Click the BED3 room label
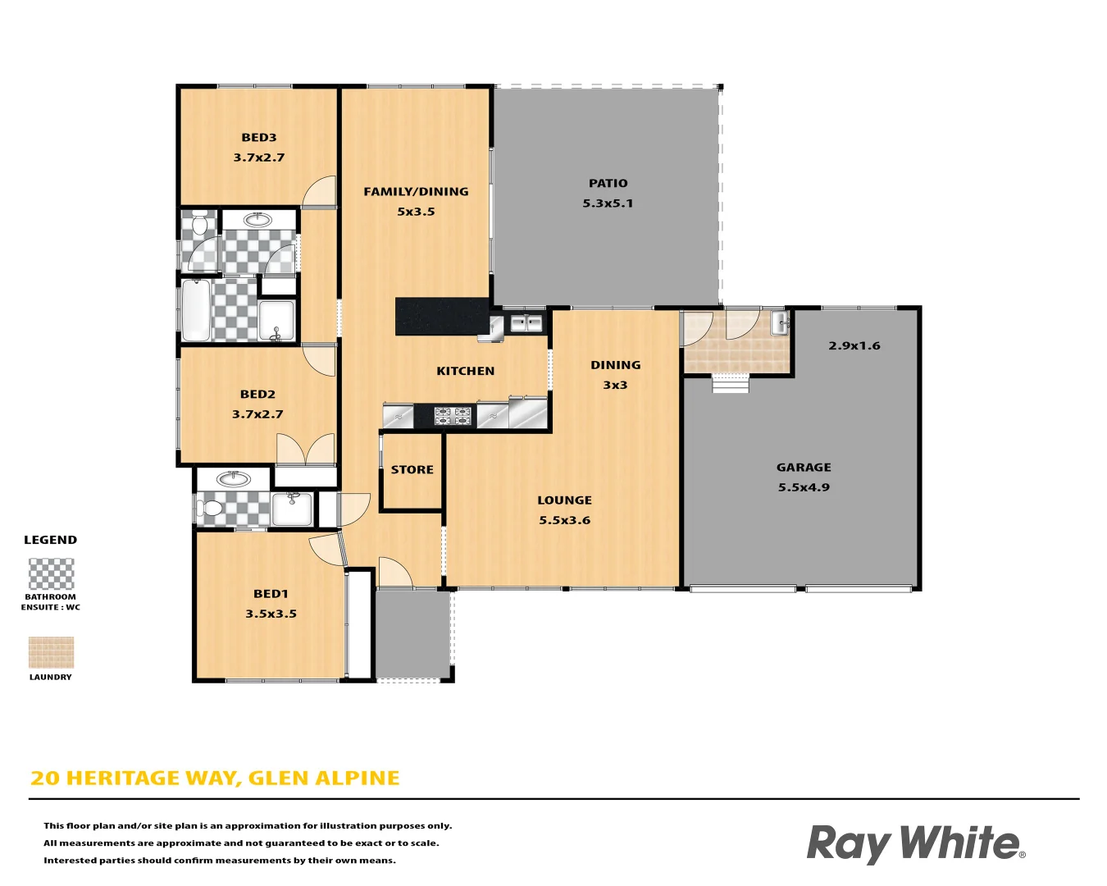258,138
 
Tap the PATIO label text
608,183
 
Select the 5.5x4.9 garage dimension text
804,487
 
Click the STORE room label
412,470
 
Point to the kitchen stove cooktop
453,416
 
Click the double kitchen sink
526,323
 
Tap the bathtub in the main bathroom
196,310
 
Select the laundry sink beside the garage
780,322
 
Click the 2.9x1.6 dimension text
854,345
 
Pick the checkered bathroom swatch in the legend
51,574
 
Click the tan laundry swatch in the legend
51,653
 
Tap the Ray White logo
915,843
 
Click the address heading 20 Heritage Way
215,778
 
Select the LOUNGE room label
564,500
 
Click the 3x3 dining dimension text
615,385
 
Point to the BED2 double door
305,450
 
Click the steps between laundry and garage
730,383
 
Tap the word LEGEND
50,540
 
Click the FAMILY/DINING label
416,192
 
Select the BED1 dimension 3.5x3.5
271,614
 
